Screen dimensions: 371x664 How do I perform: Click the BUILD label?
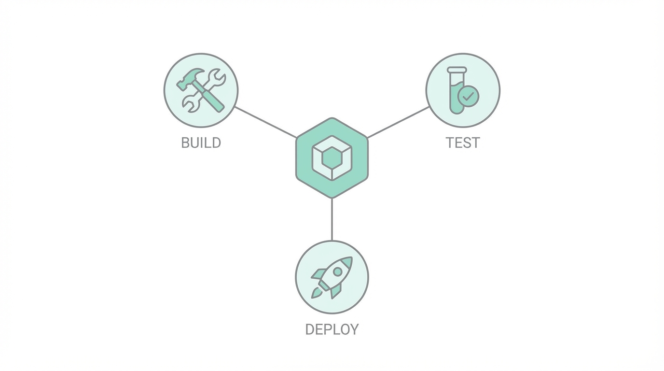click(x=201, y=143)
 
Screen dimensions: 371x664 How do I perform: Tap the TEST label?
click(x=463, y=143)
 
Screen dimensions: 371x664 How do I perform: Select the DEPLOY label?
click(x=332, y=329)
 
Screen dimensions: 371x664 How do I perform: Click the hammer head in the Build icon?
click(x=187, y=79)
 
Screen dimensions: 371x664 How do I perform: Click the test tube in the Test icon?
click(x=456, y=91)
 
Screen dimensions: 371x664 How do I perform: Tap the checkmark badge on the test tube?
click(x=468, y=97)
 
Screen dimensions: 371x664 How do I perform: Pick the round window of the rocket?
click(x=338, y=272)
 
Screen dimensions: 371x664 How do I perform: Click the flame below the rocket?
click(x=316, y=292)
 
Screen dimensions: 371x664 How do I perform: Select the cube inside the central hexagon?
click(x=332, y=157)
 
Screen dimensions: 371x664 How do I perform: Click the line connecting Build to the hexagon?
click(x=265, y=122)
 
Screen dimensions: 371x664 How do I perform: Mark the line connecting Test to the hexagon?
click(x=398, y=122)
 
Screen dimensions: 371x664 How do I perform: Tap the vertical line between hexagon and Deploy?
click(x=332, y=220)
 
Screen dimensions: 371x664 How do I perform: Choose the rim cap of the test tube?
click(x=457, y=70)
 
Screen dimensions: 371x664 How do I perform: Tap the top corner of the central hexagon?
click(x=332, y=118)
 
